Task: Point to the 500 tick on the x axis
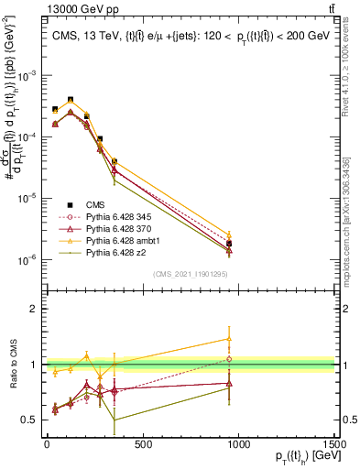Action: [x=143, y=445]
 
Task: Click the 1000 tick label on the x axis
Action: [x=239, y=445]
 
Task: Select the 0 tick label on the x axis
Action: [x=47, y=445]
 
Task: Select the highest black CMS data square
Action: [x=71, y=100]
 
